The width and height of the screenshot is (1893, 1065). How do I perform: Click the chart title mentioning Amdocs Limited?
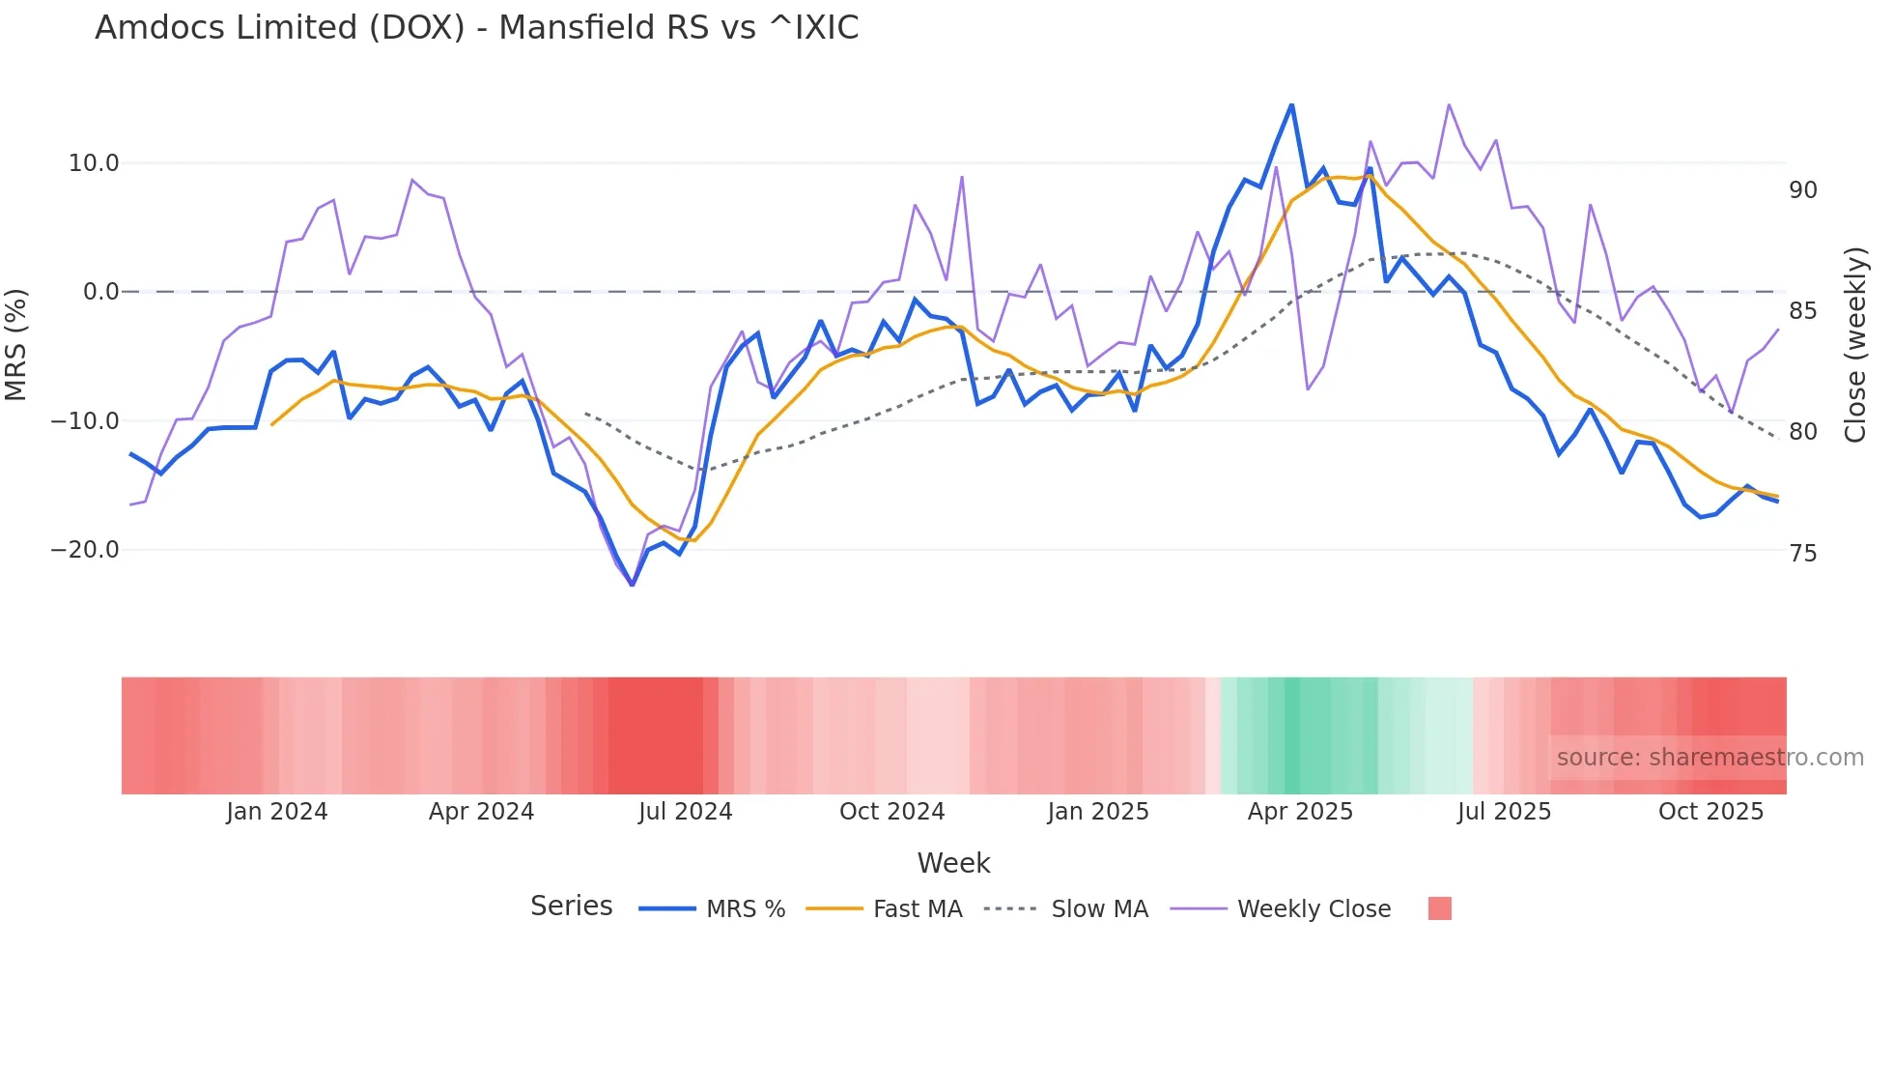click(476, 27)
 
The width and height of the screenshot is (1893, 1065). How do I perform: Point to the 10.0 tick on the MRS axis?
click(94, 163)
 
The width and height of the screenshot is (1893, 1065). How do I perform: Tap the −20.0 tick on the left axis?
click(85, 550)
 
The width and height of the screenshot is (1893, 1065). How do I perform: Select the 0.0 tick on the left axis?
click(100, 292)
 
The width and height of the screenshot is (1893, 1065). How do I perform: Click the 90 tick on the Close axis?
click(1803, 190)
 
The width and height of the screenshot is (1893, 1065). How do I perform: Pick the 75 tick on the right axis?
click(1803, 554)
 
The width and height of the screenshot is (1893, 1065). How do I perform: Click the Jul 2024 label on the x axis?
click(685, 812)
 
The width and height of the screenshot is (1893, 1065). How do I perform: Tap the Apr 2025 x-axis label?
click(1300, 812)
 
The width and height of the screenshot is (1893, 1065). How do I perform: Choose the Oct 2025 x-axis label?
click(1710, 812)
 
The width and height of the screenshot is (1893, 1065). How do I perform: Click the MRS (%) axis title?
click(16, 344)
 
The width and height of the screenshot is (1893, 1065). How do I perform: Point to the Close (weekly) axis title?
click(1855, 344)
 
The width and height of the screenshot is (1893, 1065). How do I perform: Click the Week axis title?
click(953, 863)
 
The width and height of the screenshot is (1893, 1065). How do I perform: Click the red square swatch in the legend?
click(1439, 908)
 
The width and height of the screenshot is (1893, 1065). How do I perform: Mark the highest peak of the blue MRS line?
click(1291, 104)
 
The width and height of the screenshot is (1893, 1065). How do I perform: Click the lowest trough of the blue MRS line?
click(633, 585)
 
